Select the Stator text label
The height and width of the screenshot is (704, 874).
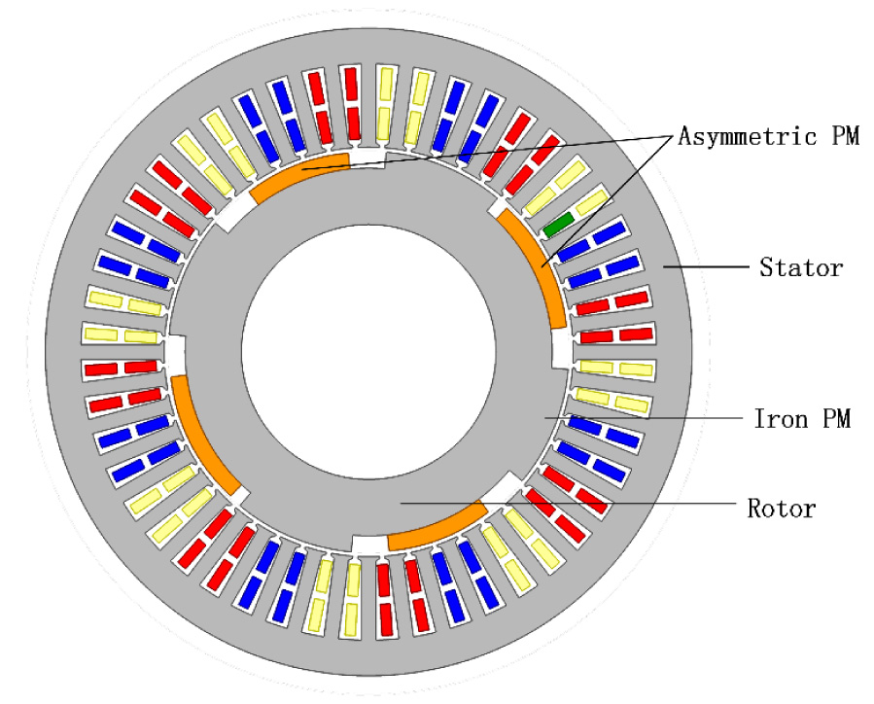point(800,266)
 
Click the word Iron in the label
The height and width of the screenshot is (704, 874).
point(777,420)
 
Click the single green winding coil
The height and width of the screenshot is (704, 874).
point(558,225)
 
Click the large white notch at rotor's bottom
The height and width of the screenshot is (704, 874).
point(368,545)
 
